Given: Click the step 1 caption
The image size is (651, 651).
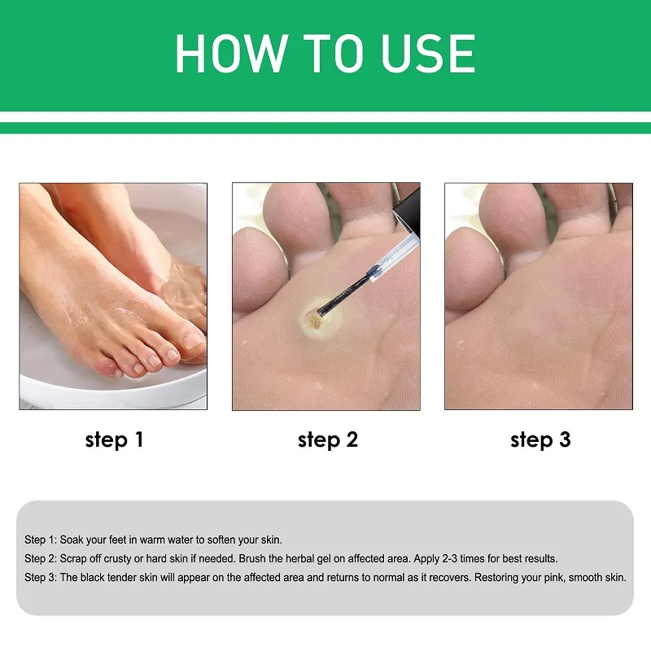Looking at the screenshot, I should (114, 440).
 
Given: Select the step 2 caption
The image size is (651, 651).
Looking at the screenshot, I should (327, 440).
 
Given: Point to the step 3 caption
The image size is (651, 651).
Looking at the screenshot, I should (540, 440).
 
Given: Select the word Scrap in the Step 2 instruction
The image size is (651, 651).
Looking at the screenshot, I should (76, 559).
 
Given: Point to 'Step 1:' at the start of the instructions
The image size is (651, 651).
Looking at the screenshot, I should (41, 540).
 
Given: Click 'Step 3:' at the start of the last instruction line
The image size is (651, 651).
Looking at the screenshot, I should (41, 578).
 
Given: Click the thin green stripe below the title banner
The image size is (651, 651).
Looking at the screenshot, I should (325, 128).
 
